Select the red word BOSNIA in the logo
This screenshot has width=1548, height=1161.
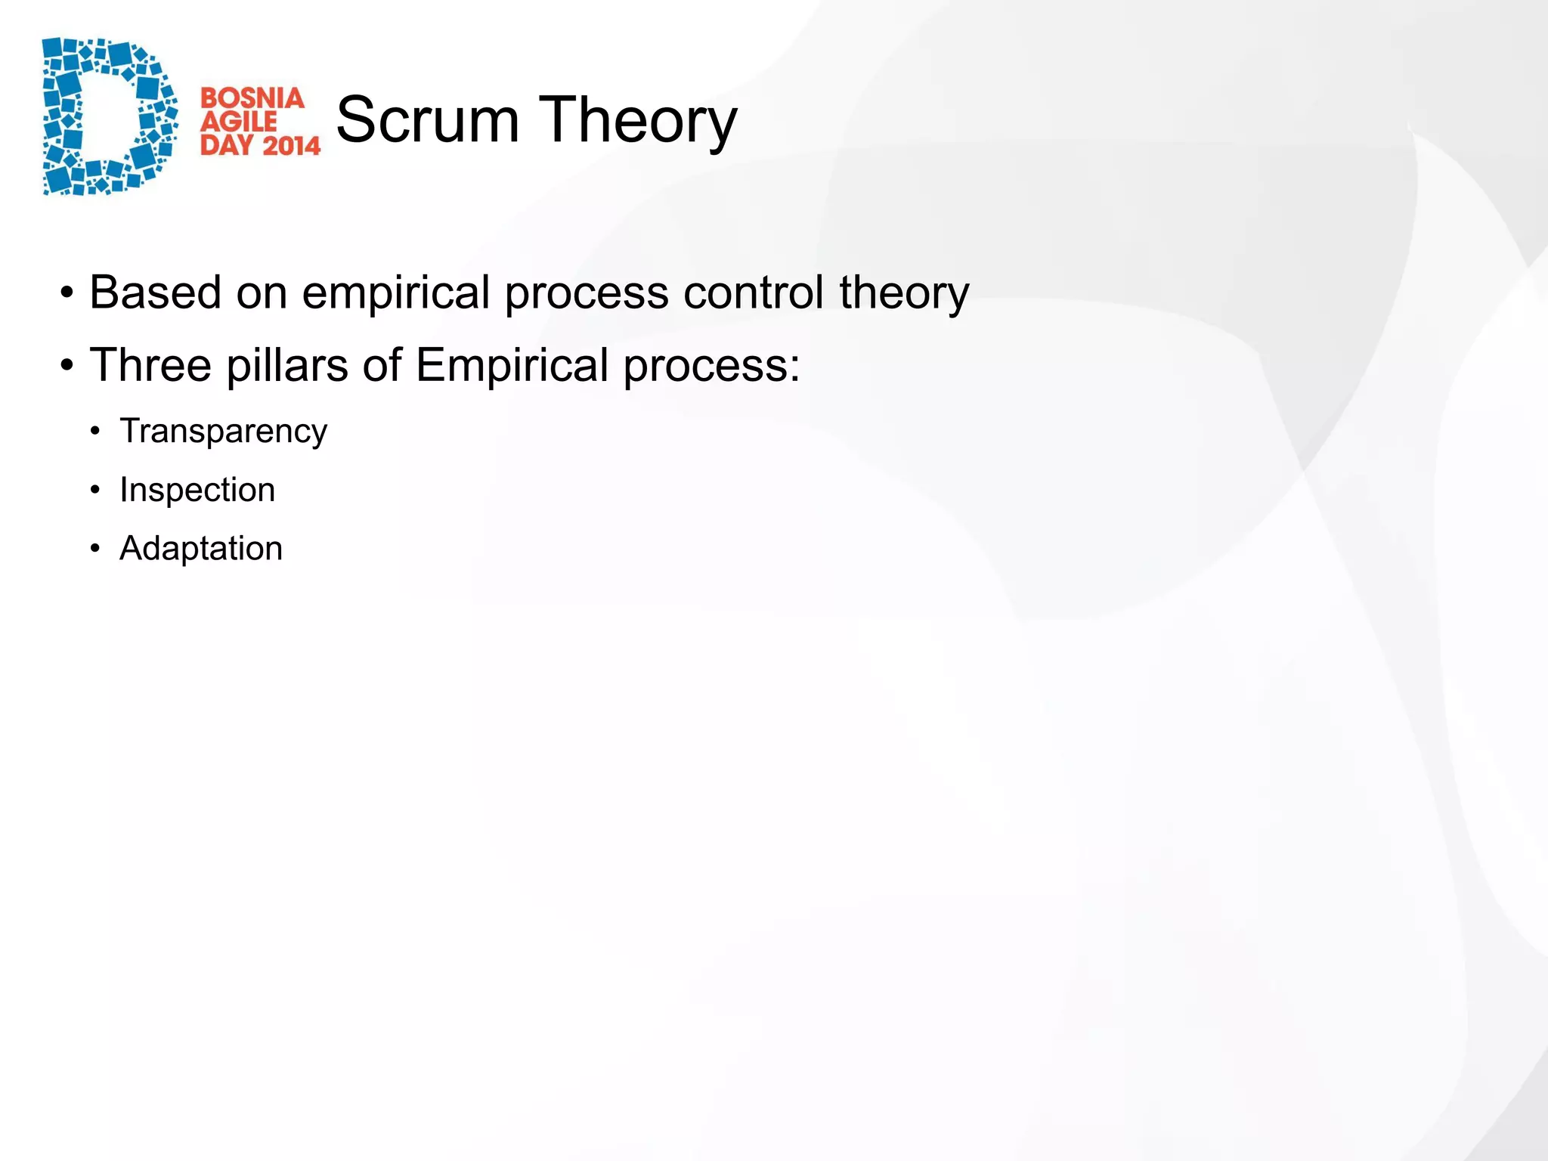[252, 98]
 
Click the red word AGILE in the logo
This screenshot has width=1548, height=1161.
[239, 122]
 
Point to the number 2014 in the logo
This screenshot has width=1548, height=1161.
[291, 145]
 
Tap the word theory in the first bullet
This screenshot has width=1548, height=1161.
[903, 293]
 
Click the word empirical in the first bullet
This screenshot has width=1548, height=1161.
[396, 293]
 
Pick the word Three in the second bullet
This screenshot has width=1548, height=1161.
[150, 365]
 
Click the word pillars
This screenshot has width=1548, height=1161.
[287, 365]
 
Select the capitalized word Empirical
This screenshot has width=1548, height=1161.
[512, 367]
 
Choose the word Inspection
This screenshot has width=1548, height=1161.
[197, 491]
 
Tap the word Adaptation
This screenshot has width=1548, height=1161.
[201, 549]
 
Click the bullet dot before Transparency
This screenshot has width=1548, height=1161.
[94, 432]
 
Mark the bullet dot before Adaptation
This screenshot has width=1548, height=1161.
[94, 549]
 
